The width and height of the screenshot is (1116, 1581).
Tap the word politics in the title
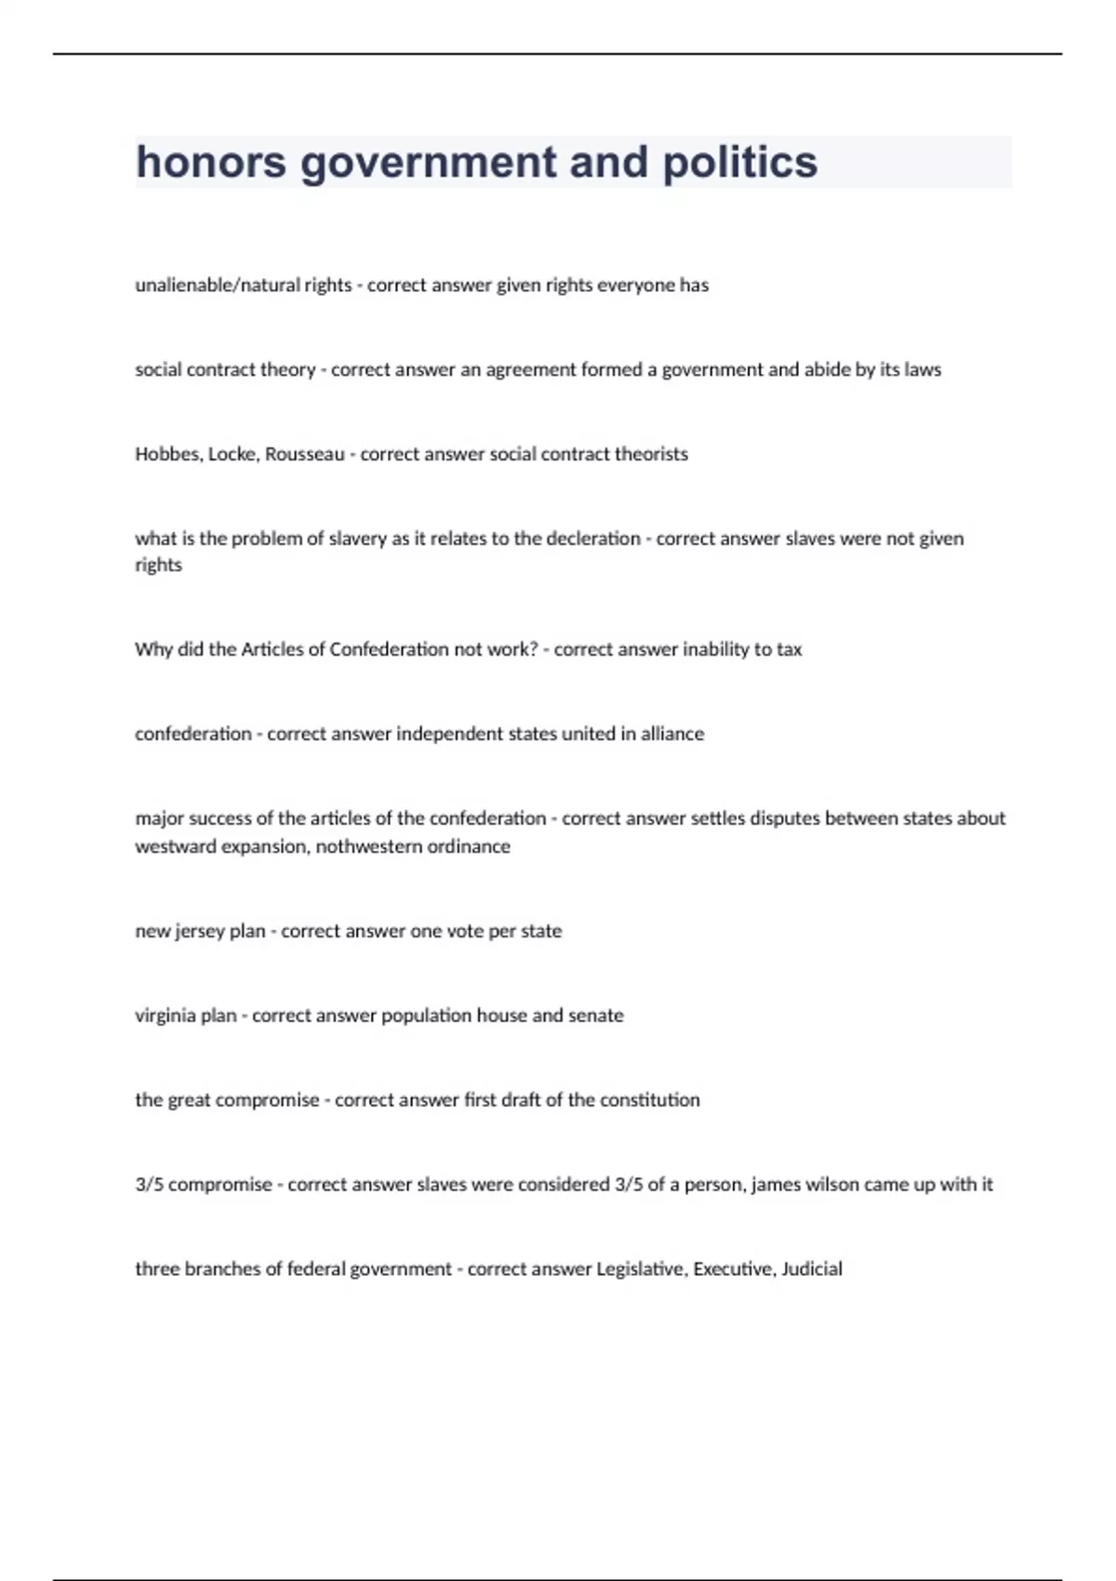point(740,162)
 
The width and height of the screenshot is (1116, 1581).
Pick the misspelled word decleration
point(593,538)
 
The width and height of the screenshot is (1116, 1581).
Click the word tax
point(789,649)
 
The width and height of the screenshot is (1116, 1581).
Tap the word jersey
point(199,931)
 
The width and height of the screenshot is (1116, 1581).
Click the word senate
point(595,1016)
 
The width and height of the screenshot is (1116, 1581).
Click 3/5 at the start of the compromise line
point(149,1185)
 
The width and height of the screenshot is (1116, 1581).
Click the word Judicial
point(812,1269)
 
